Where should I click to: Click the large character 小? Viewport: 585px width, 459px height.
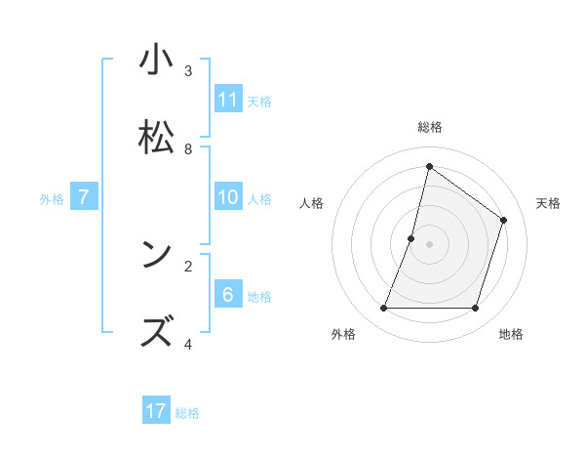[156, 60]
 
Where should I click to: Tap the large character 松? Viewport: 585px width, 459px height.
[156, 138]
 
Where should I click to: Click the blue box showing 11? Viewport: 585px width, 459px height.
[228, 100]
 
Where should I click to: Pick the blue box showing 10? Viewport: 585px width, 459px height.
[228, 197]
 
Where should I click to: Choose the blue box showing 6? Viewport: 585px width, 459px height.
[228, 295]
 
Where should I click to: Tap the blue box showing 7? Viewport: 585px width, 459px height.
[84, 197]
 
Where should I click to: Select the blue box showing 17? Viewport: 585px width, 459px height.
[156, 411]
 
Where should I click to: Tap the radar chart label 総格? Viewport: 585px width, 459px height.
[429, 127]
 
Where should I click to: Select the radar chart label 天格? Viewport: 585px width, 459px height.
[548, 203]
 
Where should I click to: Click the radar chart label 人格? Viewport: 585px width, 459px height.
[311, 203]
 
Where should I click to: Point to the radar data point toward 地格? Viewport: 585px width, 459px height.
[475, 309]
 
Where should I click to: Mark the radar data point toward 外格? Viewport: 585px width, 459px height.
[383, 309]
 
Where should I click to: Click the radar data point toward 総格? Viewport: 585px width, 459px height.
[429, 166]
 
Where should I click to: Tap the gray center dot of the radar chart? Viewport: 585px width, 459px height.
[429, 244]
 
